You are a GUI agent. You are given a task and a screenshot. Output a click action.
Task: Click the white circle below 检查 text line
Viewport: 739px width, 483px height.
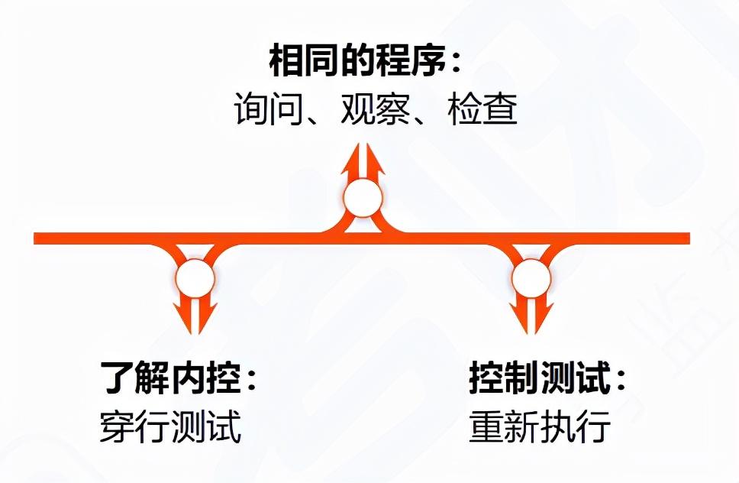(363, 199)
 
